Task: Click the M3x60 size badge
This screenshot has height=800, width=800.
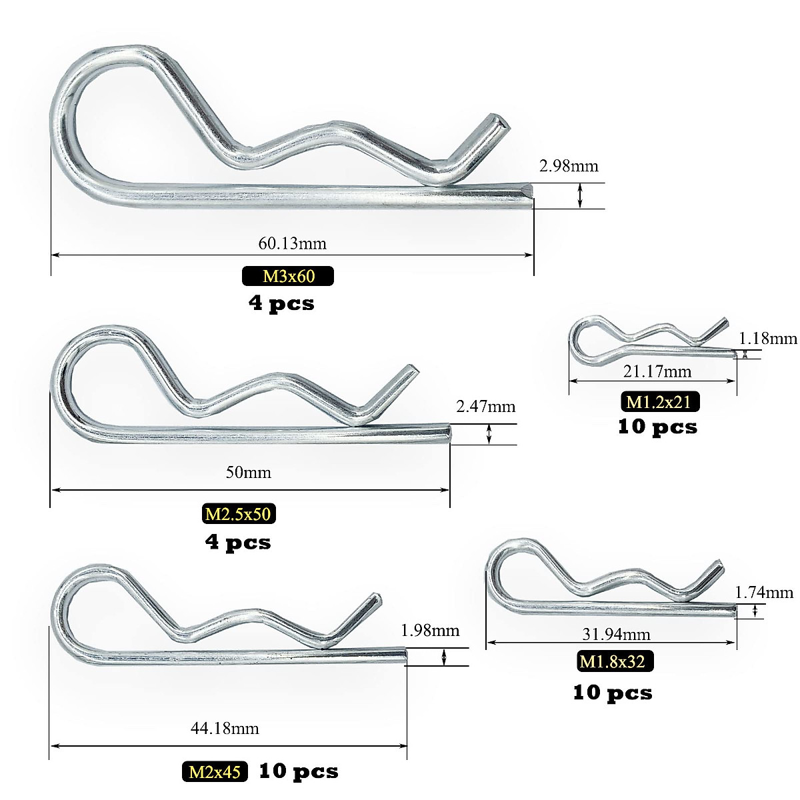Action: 288,276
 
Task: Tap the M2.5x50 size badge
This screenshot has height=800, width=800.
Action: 239,514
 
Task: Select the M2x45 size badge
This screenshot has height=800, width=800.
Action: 215,772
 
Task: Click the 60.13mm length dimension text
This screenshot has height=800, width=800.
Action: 292,243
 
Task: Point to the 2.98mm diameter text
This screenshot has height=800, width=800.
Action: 569,167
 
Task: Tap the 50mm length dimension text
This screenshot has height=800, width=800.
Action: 248,473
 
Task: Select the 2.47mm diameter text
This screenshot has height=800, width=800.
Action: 486,407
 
